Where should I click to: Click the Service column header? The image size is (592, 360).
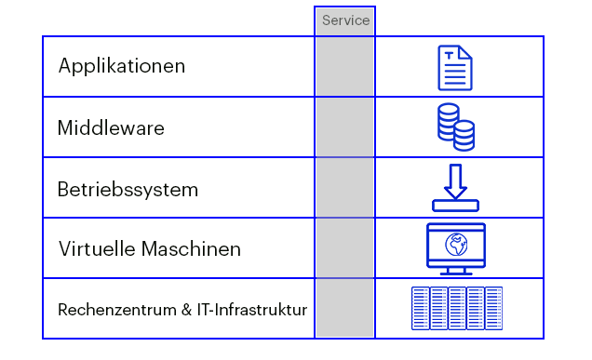click(345, 20)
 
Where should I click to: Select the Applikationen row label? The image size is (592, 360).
click(122, 67)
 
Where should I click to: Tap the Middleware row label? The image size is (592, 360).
click(111, 128)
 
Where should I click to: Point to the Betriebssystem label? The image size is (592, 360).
click(128, 190)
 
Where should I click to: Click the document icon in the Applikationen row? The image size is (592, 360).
click(455, 68)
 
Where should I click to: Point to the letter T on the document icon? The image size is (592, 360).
click(451, 58)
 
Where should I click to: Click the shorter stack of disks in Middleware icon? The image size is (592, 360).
click(464, 136)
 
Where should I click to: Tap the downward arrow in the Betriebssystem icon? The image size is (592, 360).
click(455, 180)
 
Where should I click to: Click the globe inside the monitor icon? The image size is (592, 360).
click(455, 245)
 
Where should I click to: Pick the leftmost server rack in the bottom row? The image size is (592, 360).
click(420, 308)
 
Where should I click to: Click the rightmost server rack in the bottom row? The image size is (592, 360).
click(493, 308)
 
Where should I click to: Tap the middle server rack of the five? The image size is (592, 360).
click(457, 308)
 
